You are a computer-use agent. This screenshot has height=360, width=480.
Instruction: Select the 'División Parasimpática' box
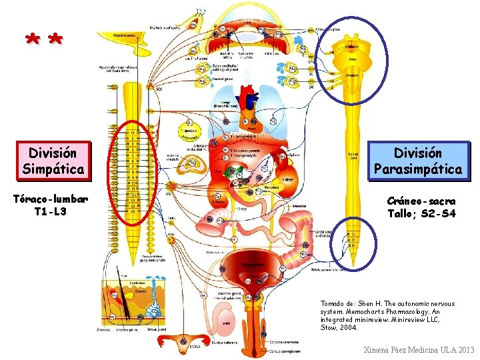point(418,161)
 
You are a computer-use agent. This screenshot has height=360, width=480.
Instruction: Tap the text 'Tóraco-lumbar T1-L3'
point(53,205)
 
